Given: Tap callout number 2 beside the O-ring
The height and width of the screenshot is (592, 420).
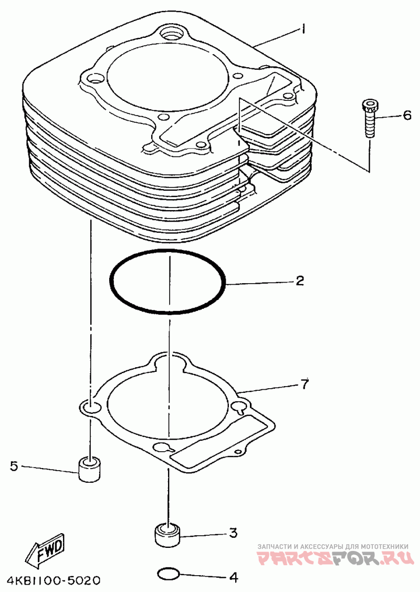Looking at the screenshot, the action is point(299,281).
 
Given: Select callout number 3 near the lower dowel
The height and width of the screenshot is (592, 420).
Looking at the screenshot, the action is point(233,533).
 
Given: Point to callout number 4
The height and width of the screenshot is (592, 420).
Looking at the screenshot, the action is point(234,577).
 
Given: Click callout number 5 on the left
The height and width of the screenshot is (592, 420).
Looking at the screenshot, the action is point(14,466).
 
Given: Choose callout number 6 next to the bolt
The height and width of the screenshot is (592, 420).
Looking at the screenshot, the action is point(407,115).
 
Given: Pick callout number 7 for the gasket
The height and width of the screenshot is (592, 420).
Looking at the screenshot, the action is point(304,384).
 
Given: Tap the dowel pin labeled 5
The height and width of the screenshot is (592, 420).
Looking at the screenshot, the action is point(90,469).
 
